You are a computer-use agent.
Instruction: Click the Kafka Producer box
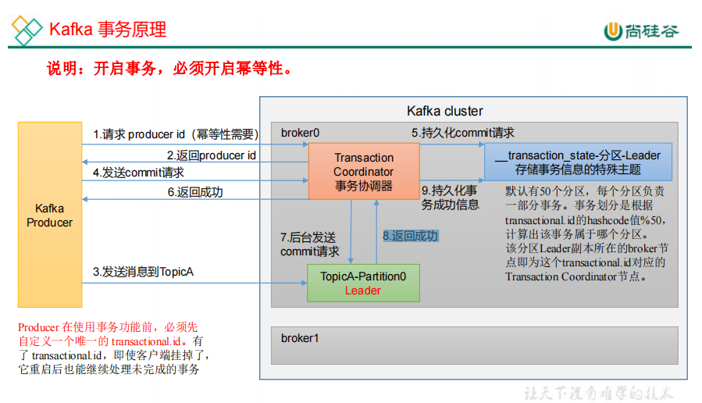(50, 215)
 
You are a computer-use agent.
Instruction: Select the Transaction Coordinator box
(363, 172)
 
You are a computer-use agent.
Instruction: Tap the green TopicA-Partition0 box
(363, 283)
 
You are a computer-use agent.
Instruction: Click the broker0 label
(301, 133)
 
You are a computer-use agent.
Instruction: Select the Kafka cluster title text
(445, 111)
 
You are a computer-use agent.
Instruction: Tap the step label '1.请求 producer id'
(176, 134)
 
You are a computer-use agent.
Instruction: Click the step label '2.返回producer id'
(211, 155)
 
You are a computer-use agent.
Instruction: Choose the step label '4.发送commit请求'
(138, 172)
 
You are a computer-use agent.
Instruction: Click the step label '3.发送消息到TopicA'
(143, 272)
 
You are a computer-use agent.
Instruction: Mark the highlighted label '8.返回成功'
(410, 236)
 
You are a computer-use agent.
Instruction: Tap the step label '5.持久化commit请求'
(463, 133)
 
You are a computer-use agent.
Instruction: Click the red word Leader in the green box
(363, 291)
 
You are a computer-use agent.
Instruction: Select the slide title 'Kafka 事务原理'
(108, 30)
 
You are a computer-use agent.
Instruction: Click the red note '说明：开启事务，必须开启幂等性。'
(170, 69)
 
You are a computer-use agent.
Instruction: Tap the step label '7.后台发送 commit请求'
(310, 244)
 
